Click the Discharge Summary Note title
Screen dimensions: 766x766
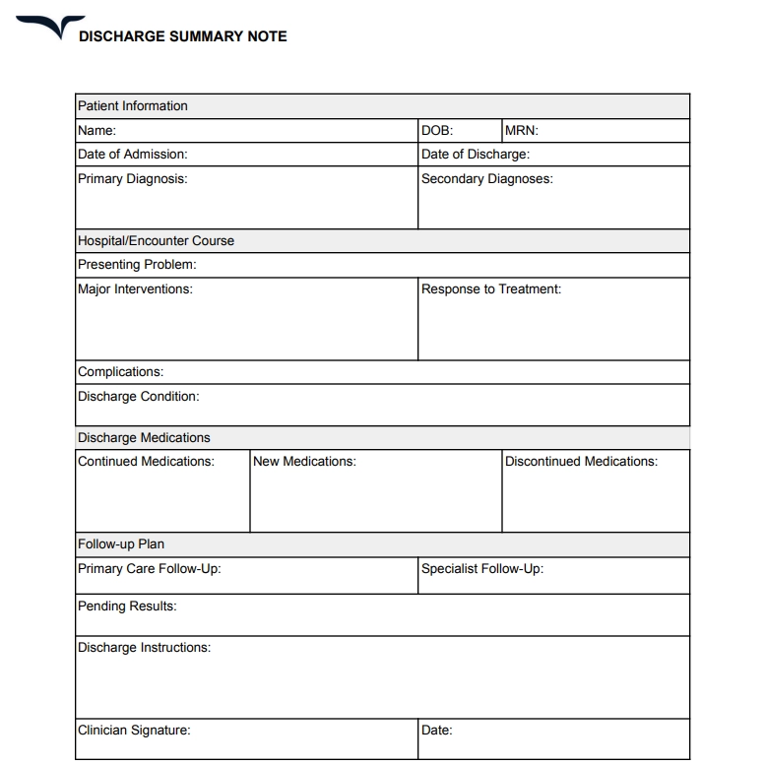click(182, 36)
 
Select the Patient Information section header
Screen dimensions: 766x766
click(132, 106)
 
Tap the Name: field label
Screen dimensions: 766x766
click(96, 130)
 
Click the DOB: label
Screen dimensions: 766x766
click(437, 130)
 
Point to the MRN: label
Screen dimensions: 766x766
click(521, 130)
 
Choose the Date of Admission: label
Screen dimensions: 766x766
click(132, 155)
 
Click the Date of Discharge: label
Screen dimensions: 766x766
click(475, 155)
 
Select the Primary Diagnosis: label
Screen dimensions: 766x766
click(132, 179)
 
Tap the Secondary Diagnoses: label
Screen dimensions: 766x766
click(486, 179)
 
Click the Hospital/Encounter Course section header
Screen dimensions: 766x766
click(156, 241)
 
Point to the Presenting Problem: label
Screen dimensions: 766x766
click(137, 265)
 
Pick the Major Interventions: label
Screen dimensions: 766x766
click(135, 289)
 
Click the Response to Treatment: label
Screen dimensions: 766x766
click(490, 289)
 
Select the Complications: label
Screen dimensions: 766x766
click(120, 372)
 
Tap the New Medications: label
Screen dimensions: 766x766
click(304, 462)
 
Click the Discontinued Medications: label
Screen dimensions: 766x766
click(581, 462)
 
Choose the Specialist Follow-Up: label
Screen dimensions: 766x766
click(481, 569)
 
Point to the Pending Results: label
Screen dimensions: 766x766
click(127, 606)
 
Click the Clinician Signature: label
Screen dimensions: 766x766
click(134, 731)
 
